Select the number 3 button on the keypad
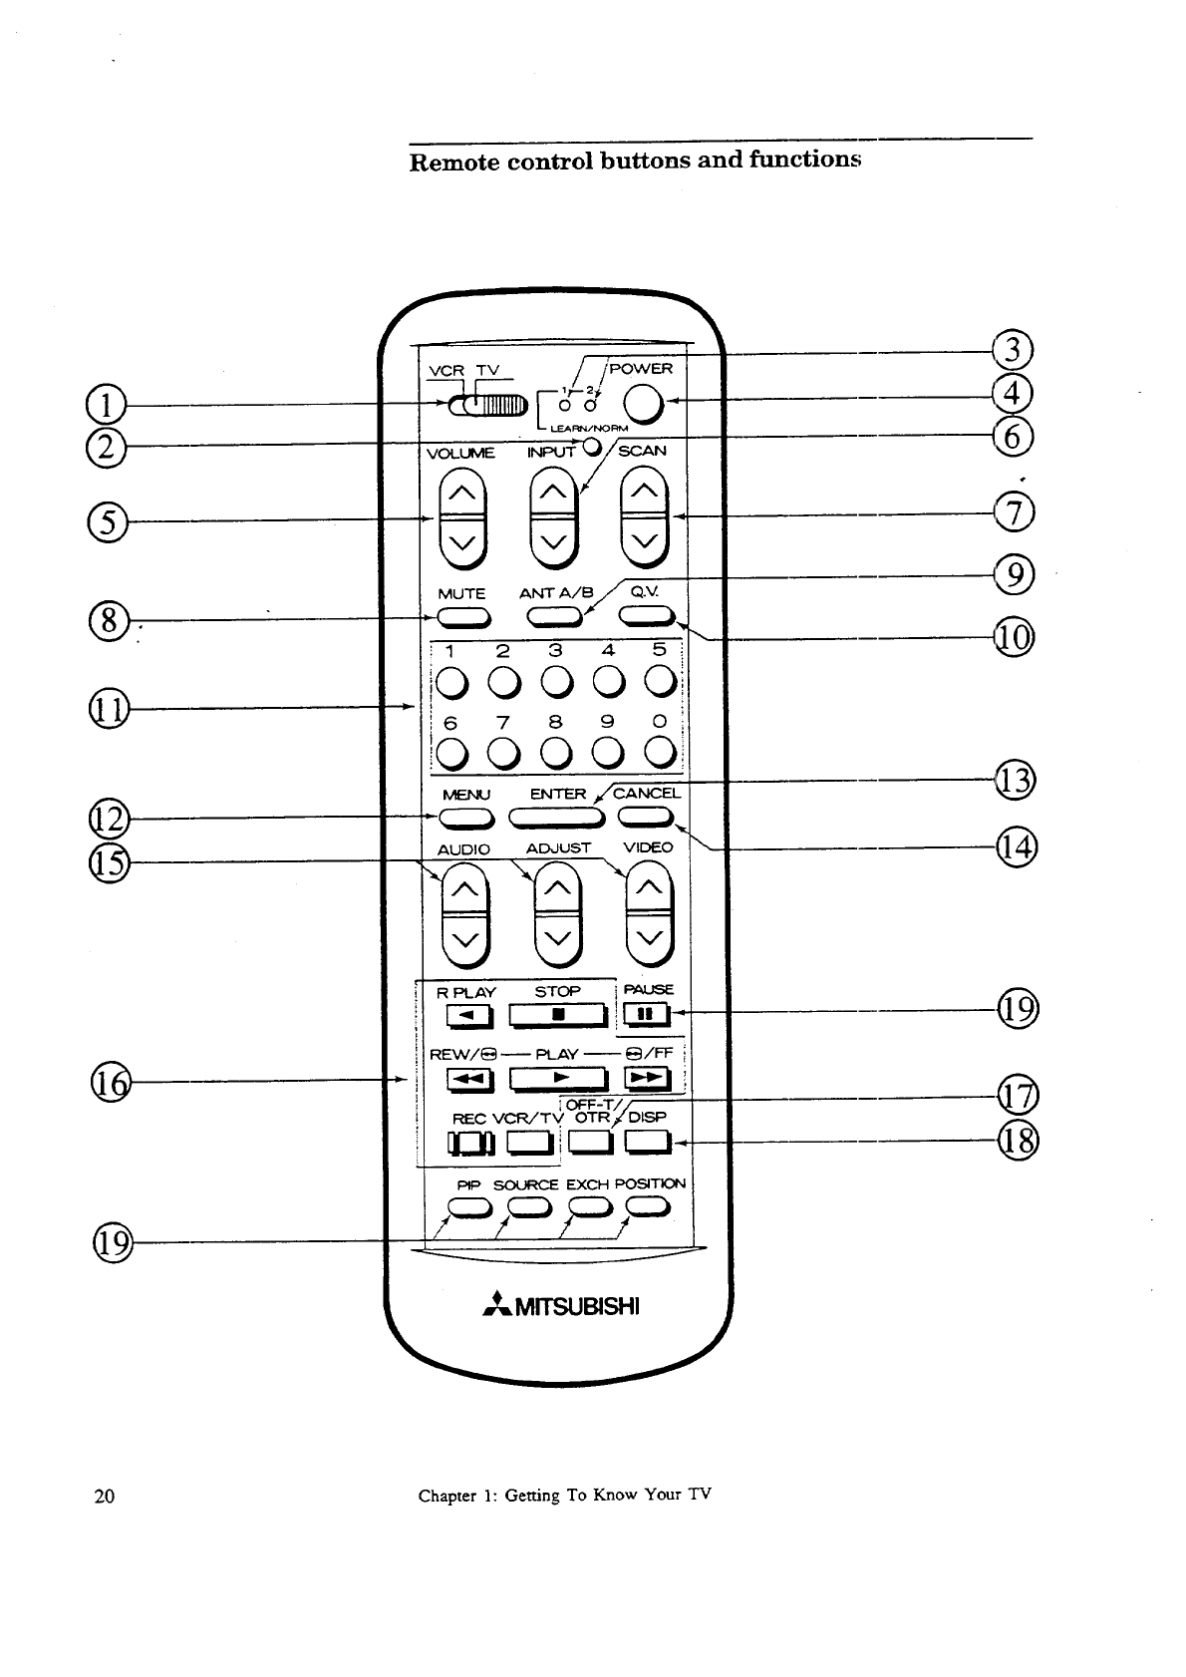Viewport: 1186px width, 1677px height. pos(555,682)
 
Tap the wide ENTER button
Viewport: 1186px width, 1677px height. pos(558,819)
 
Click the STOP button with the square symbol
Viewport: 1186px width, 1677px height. pos(558,1015)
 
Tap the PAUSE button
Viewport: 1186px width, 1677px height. pos(646,1015)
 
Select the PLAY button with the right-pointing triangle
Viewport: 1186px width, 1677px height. pos(558,1079)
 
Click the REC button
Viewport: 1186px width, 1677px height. pos(469,1143)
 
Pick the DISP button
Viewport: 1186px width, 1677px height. pos(646,1143)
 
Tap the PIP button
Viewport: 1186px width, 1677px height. pos(468,1209)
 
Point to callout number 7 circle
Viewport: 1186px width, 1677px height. pos(1015,513)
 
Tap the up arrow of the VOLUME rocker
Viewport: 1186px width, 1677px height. pos(462,493)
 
